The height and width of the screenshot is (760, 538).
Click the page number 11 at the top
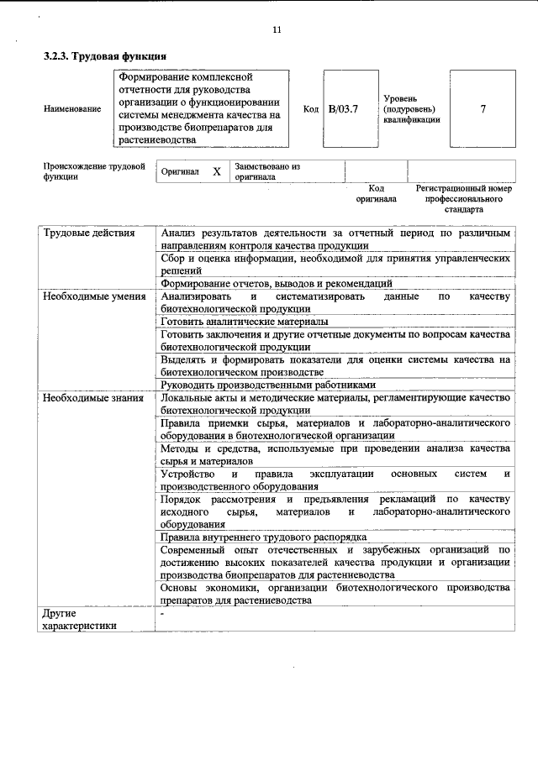click(x=277, y=31)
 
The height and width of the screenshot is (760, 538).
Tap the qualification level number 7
click(x=483, y=108)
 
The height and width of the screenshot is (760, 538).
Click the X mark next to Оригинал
click(x=216, y=171)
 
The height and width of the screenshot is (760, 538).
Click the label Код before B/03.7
click(x=310, y=108)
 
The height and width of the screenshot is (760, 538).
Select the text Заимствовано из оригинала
click(x=267, y=171)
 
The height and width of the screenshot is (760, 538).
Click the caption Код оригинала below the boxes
click(x=376, y=194)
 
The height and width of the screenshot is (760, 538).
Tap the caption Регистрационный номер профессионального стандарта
click(x=463, y=199)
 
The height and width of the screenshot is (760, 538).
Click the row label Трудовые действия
click(x=89, y=233)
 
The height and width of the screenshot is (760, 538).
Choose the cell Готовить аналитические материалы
click(x=245, y=322)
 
